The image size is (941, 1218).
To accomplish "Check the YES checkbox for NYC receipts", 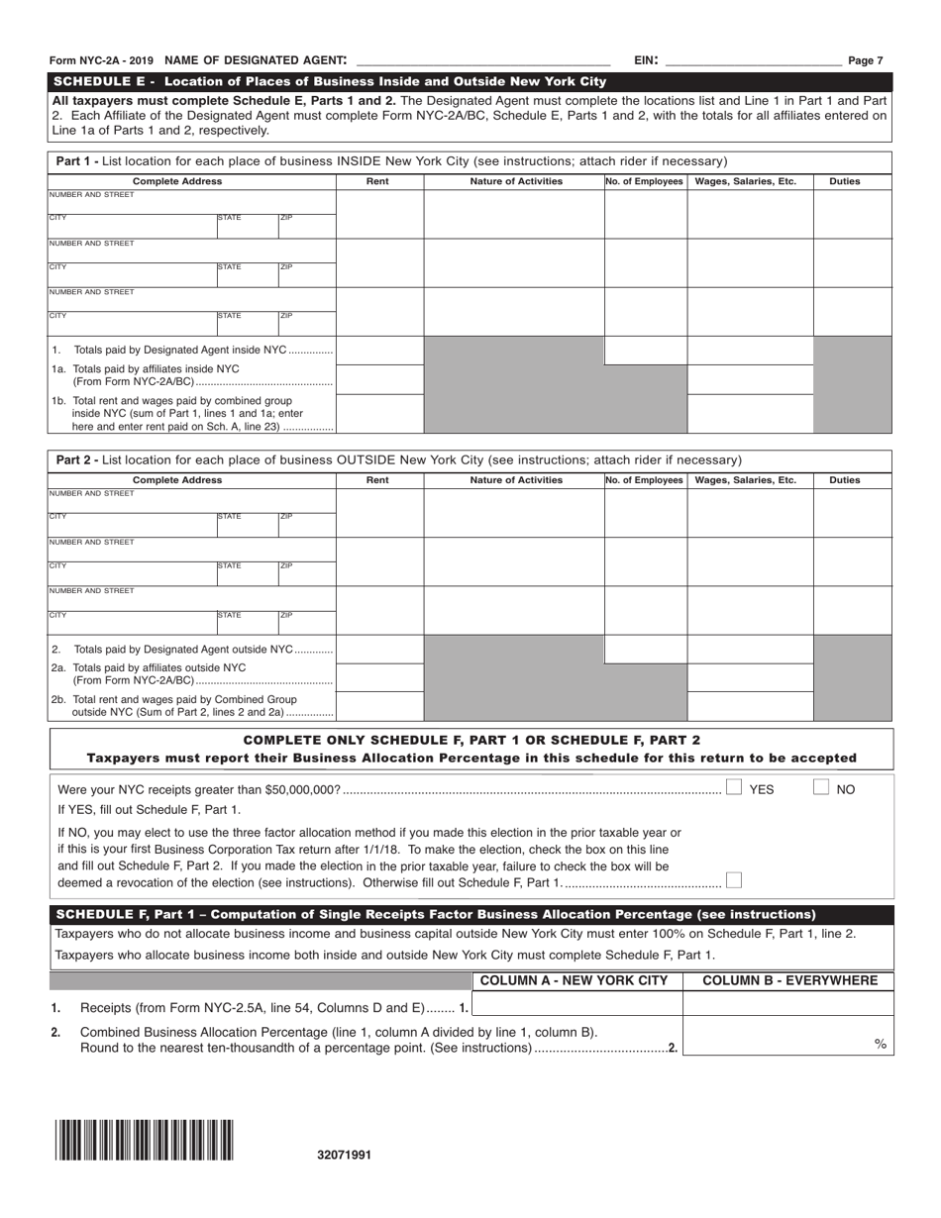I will pyautogui.click(x=734, y=788).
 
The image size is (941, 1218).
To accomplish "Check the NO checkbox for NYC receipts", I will pyautogui.click(x=821, y=788).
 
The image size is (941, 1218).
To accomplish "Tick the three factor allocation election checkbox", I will pyautogui.click(x=733, y=880).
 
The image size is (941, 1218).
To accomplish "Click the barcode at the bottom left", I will pyautogui.click(x=145, y=1139).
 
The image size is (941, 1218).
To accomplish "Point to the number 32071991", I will pyautogui.click(x=345, y=1155).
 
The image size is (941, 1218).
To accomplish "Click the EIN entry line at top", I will pyautogui.click(x=754, y=60).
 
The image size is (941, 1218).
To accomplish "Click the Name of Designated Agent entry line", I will pyautogui.click(x=482, y=60).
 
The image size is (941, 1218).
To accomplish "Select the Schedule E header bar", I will pyautogui.click(x=470, y=81).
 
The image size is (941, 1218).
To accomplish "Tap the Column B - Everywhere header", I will pyautogui.click(x=788, y=980).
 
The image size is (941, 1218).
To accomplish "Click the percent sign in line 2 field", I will pyautogui.click(x=880, y=1044).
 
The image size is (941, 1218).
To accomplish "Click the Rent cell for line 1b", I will pyautogui.click(x=379, y=414).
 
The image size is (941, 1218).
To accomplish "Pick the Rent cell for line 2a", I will pyautogui.click(x=379, y=676).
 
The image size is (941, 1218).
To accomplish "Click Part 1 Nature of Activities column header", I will pyautogui.click(x=515, y=181).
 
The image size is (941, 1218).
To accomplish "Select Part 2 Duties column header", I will pyautogui.click(x=844, y=480).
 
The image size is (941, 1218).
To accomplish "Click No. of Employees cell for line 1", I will pyautogui.click(x=645, y=351).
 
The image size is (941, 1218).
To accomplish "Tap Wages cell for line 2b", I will pyautogui.click(x=750, y=706).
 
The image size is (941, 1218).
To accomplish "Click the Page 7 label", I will pyautogui.click(x=865, y=60).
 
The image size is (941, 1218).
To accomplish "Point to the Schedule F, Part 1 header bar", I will pyautogui.click(x=470, y=914).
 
